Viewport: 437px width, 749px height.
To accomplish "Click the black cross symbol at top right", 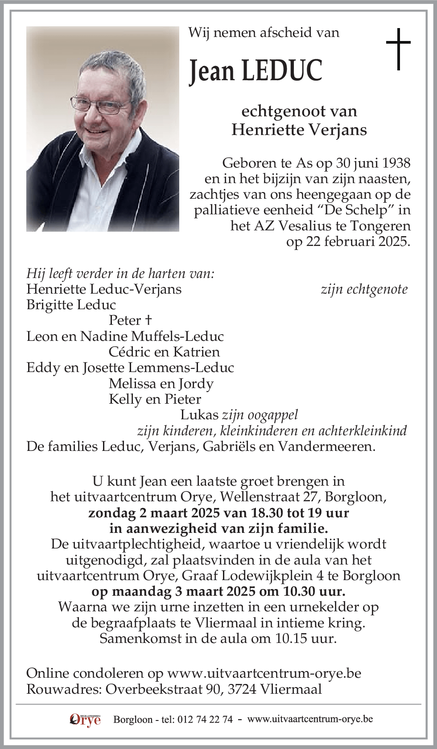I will [398, 49].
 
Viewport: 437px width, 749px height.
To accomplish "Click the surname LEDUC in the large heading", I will [282, 71].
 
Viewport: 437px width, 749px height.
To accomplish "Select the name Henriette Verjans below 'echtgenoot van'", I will [299, 130].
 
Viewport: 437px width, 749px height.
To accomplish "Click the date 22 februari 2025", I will [348, 241].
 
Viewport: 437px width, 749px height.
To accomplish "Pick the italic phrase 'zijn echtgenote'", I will [364, 289].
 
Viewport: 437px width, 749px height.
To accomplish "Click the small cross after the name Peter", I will [148, 320].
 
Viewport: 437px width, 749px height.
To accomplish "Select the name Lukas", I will [199, 415].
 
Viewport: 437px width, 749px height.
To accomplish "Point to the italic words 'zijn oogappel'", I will [260, 415].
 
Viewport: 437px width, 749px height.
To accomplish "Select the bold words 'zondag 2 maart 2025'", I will [154, 512].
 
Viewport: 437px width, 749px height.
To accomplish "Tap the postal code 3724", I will [242, 689].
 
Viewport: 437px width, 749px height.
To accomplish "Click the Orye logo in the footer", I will [85, 719].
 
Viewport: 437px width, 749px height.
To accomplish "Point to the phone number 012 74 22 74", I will [205, 720].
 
